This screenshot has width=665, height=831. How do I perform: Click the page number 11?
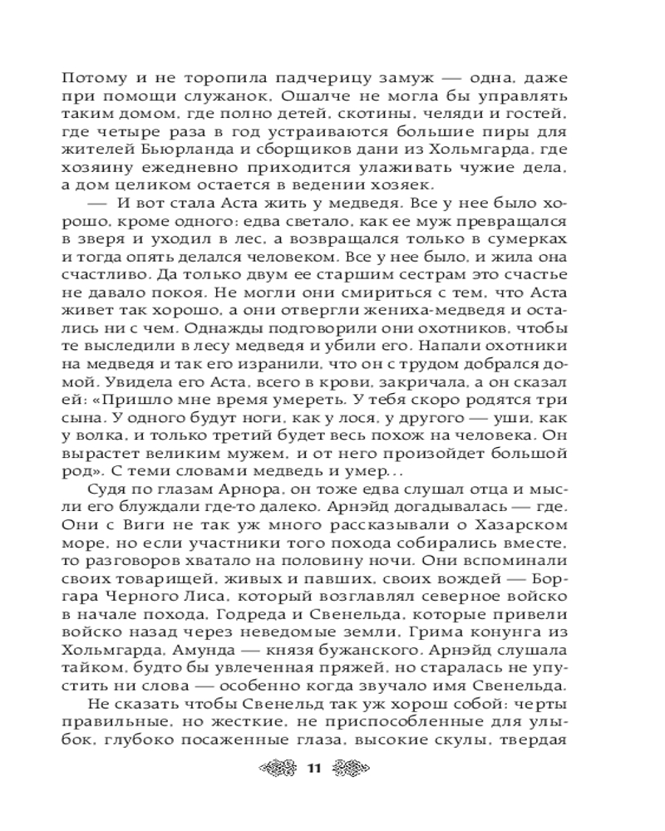(x=313, y=767)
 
